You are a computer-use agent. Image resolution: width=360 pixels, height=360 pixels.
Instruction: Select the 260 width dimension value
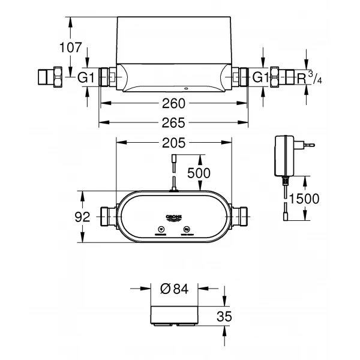pyautogui.click(x=173, y=104)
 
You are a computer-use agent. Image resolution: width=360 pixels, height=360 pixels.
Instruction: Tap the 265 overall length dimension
pyautogui.click(x=173, y=123)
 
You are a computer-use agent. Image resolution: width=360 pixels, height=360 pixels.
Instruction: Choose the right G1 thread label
pyautogui.click(x=259, y=78)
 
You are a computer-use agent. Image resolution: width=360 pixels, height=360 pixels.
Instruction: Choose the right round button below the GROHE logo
pyautogui.click(x=187, y=230)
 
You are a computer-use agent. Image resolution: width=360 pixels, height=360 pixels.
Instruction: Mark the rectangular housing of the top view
pyautogui.click(x=173, y=45)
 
